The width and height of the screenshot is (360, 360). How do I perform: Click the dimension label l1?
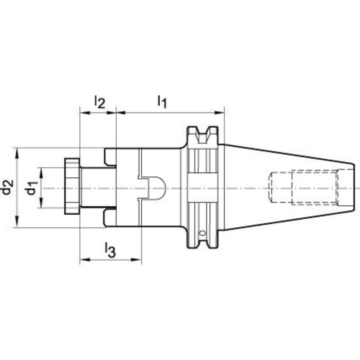(x=162, y=102)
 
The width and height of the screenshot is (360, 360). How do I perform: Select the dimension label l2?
(x=99, y=102)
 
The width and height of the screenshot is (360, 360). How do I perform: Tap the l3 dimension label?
(x=110, y=250)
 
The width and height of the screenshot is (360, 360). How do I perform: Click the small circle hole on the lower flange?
(x=202, y=233)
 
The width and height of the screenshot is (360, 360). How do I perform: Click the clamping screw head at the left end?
(x=72, y=186)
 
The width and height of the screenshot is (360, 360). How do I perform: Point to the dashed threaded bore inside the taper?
(x=303, y=188)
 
